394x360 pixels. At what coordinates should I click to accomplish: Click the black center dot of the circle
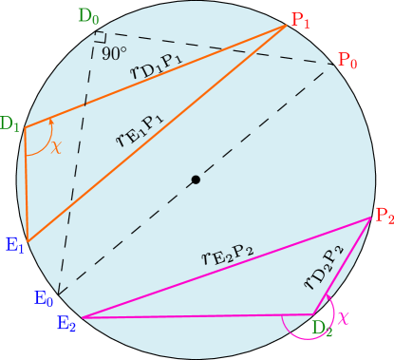click(196, 180)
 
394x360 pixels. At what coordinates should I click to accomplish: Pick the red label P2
click(383, 216)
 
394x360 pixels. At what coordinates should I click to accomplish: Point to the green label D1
click(11, 123)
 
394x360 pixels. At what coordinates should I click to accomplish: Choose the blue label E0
click(44, 298)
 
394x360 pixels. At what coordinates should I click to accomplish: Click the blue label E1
click(14, 245)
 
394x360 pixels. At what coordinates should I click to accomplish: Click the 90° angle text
click(115, 53)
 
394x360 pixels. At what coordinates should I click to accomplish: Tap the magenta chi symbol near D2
click(344, 316)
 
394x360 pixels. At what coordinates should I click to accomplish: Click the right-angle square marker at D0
click(98, 37)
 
